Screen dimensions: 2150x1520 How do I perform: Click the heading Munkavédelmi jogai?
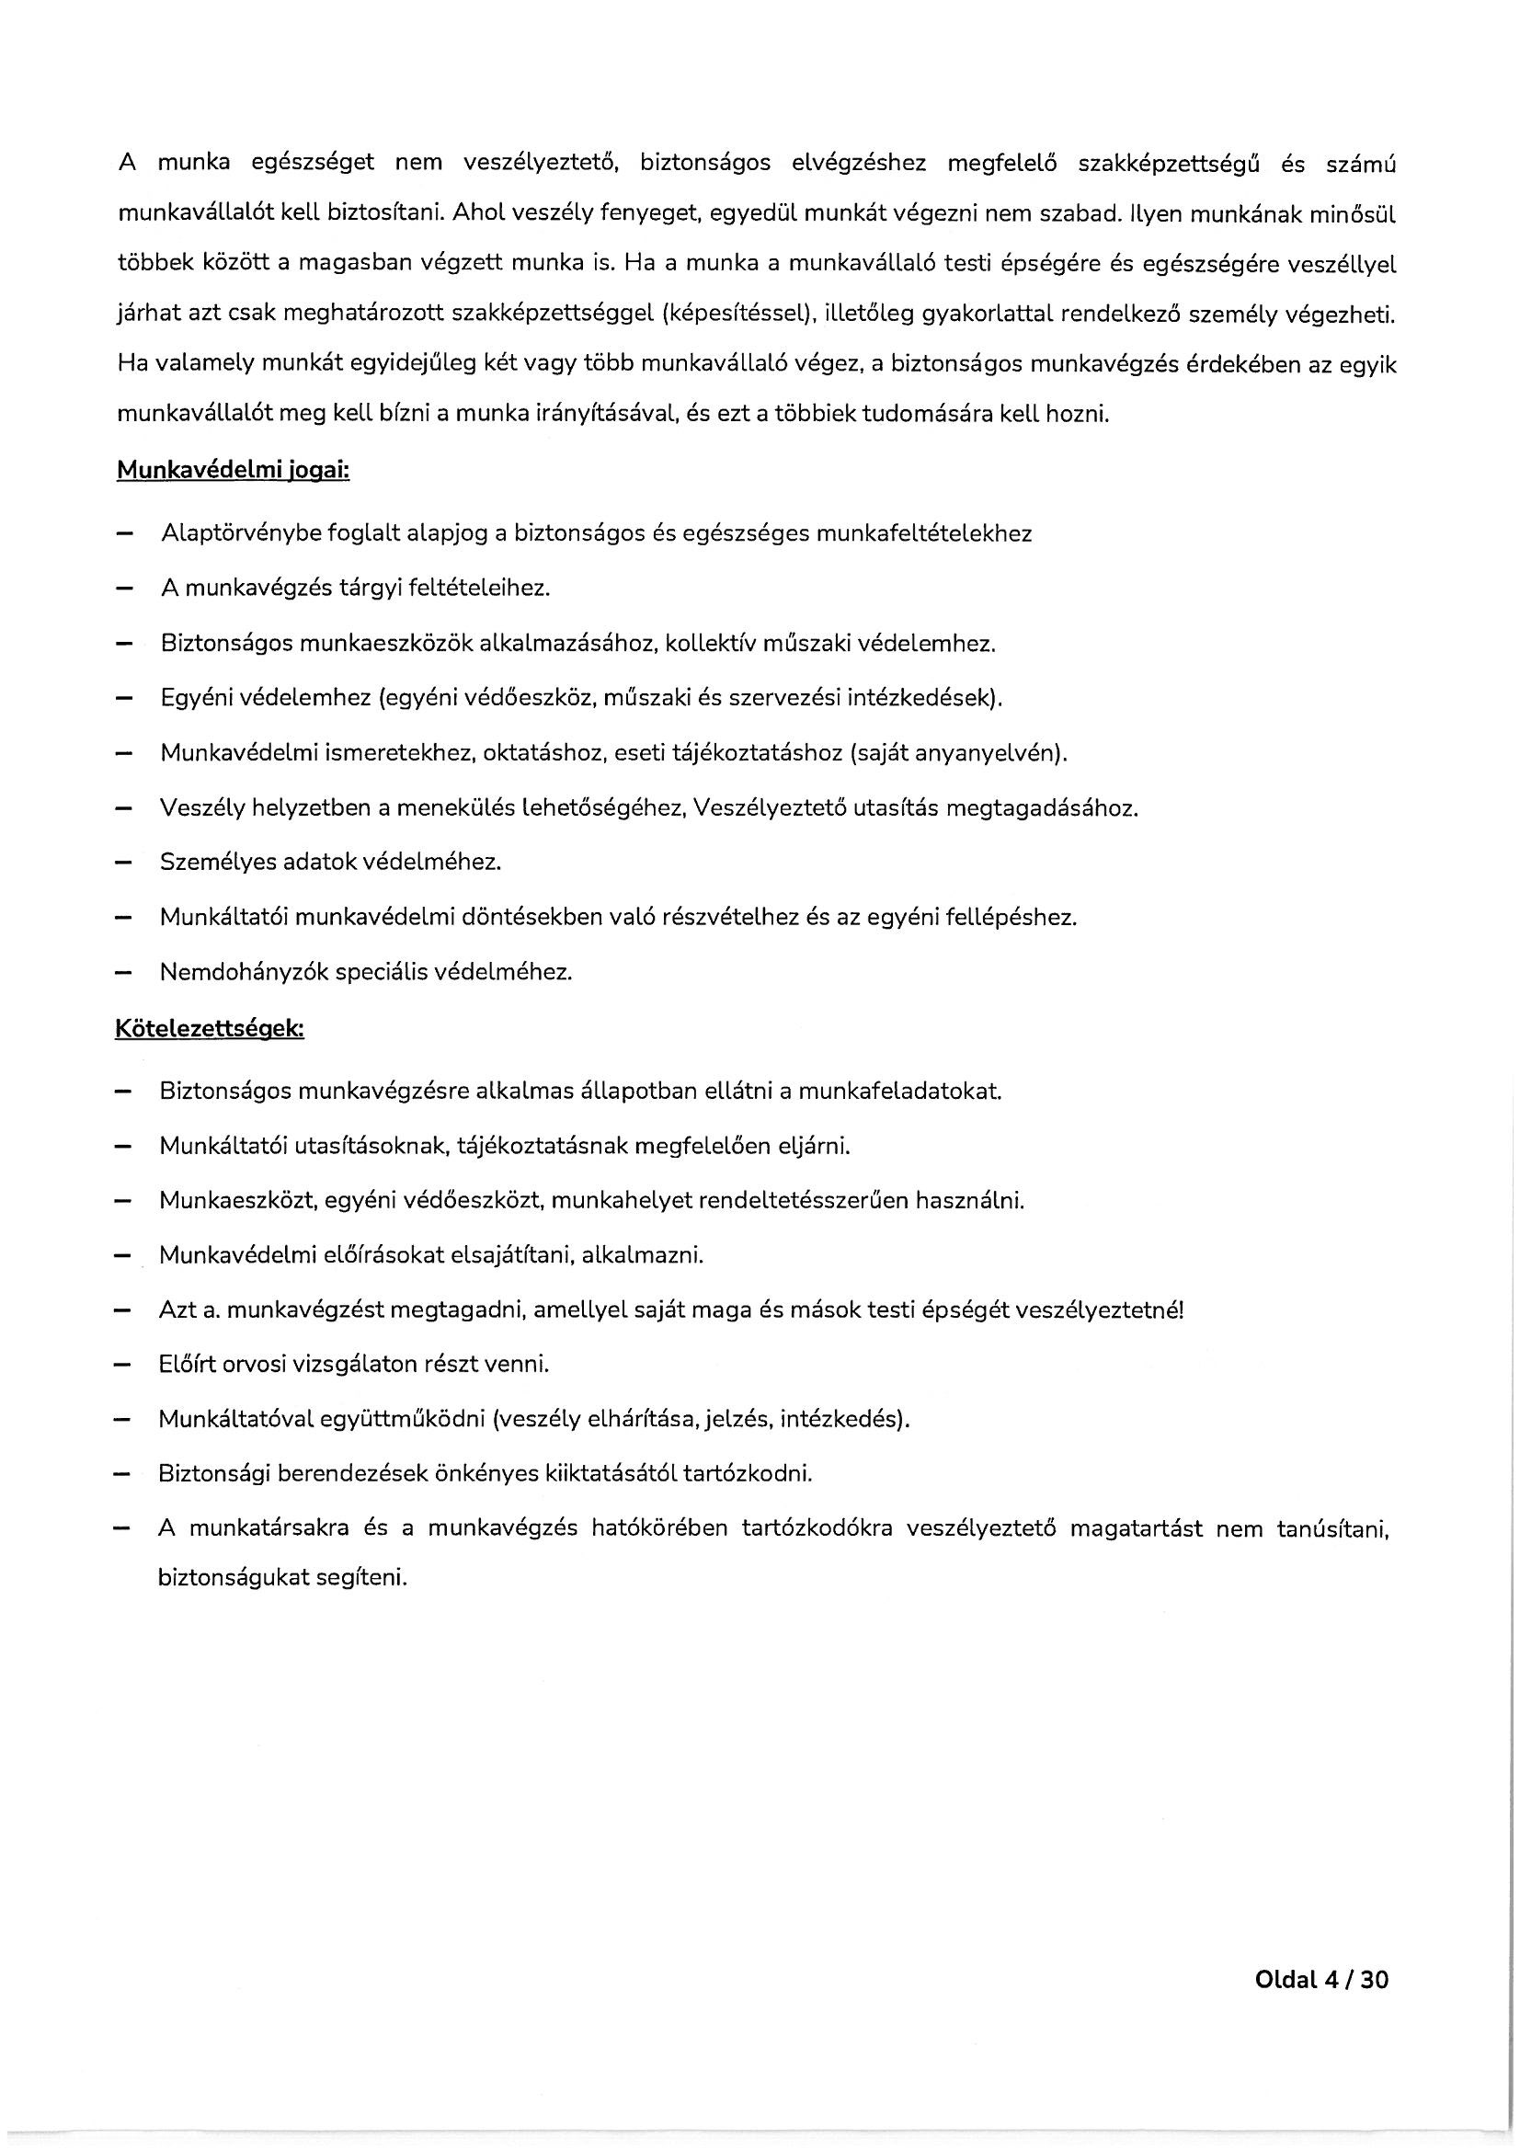click(x=233, y=471)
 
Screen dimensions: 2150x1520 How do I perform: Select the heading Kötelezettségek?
click(x=209, y=1028)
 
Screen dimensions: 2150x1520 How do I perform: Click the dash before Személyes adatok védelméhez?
click(x=122, y=863)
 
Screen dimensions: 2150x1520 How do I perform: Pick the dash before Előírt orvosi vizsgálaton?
click(x=122, y=1364)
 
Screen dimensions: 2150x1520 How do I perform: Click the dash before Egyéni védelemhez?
click(x=122, y=699)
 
